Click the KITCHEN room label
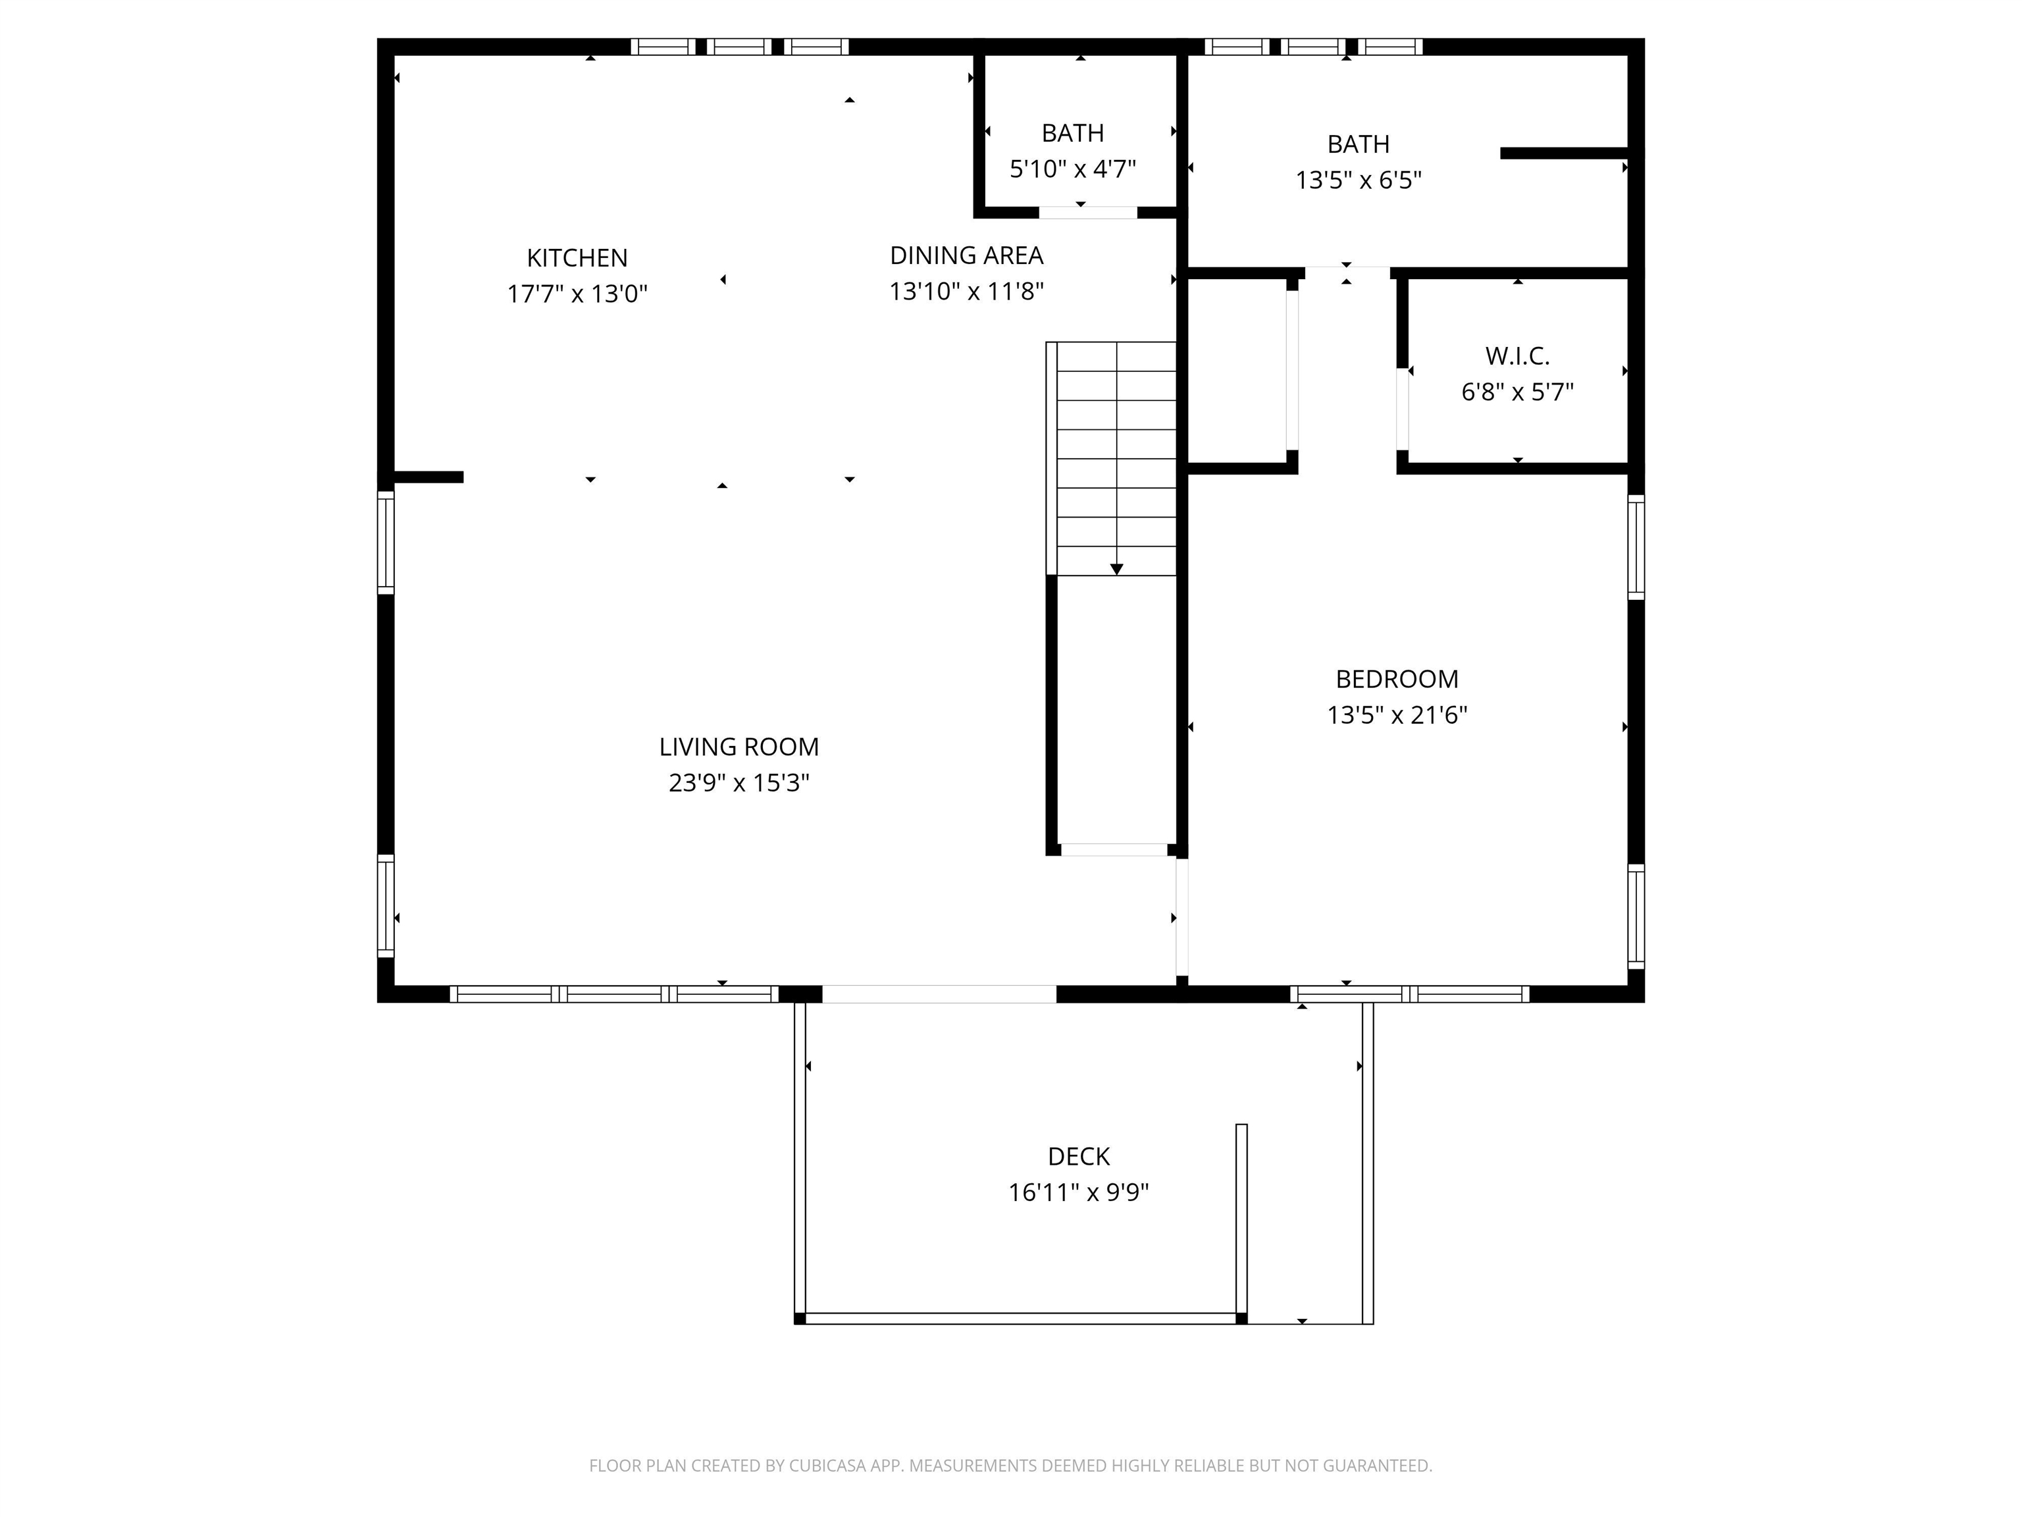tap(577, 258)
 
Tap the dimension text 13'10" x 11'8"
tap(966, 292)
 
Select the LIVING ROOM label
tap(739, 747)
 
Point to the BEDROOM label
tap(1397, 679)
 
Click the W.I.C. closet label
tap(1517, 356)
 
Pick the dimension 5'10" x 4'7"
tap(1072, 169)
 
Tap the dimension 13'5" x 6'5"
tap(1359, 180)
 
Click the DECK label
tap(1079, 1157)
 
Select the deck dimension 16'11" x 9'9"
tap(1079, 1193)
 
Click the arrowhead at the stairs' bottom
tap(1116, 569)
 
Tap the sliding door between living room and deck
tap(939, 994)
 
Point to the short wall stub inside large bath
tap(1563, 153)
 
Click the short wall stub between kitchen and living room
tap(428, 477)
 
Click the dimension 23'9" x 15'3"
tap(739, 784)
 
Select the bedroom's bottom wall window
tap(1409, 994)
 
